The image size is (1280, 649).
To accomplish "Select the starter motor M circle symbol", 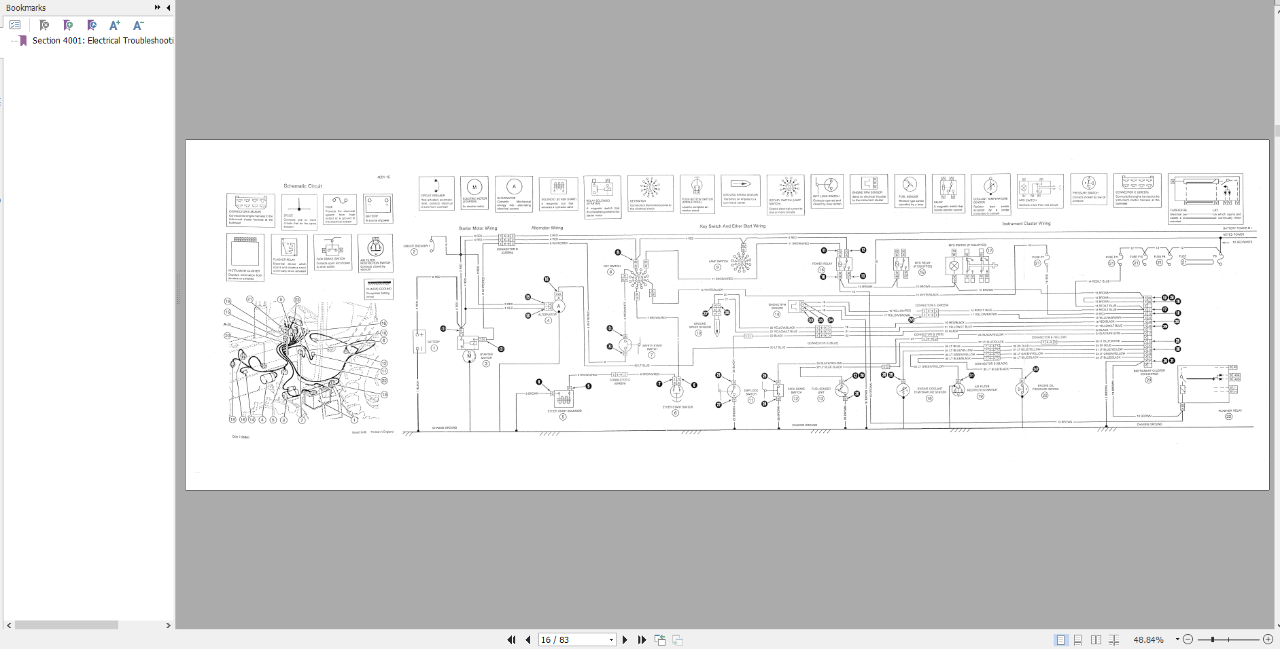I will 468,356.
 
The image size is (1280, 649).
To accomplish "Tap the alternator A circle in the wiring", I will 559,306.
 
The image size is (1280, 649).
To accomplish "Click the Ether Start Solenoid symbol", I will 564,398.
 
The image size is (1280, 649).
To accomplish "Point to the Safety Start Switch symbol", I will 625,346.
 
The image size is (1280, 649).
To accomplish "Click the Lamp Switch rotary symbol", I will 740,261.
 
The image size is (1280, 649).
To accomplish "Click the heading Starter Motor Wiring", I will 477,228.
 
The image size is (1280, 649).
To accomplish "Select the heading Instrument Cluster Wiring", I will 1026,224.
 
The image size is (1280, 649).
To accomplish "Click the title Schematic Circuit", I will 302,186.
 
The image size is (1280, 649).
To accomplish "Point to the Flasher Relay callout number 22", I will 1228,417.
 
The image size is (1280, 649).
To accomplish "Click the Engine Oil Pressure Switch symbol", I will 1022,389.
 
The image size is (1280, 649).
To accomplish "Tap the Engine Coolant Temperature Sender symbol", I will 903,390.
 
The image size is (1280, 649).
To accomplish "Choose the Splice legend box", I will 299,211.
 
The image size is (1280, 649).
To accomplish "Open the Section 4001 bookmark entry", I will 102,41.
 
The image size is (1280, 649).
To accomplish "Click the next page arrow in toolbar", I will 625,639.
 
